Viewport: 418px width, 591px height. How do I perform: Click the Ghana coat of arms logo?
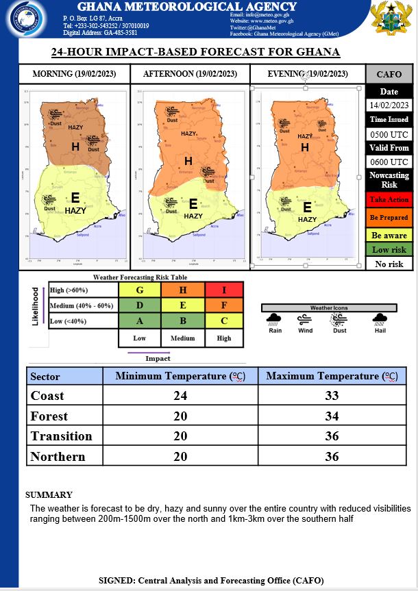pyautogui.click(x=391, y=18)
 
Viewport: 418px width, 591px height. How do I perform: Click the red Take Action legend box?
pyautogui.click(x=389, y=199)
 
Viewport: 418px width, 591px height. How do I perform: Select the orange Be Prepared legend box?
pyautogui.click(x=389, y=217)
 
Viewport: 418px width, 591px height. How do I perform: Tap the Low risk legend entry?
pyautogui.click(x=389, y=250)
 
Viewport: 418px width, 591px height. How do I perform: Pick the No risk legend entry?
pyautogui.click(x=389, y=264)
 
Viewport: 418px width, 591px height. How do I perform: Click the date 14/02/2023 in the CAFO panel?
pyautogui.click(x=389, y=105)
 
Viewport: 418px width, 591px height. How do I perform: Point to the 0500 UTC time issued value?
pyautogui.click(x=389, y=134)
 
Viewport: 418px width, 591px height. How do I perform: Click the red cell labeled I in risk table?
pyautogui.click(x=224, y=290)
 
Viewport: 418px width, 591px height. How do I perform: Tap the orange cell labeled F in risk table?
pyautogui.click(x=224, y=306)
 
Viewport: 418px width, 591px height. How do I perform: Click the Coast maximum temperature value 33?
pyautogui.click(x=332, y=396)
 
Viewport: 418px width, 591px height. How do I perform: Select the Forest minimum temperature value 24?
pyautogui.click(x=180, y=416)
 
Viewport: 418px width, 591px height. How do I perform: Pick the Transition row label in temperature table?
pyautogui.click(x=62, y=436)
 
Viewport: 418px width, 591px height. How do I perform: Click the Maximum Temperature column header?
pyautogui.click(x=332, y=376)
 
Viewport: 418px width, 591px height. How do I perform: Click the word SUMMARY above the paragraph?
pyautogui.click(x=49, y=494)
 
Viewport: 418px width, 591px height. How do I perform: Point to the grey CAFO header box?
pyautogui.click(x=389, y=74)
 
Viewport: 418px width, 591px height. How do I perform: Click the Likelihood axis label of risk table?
pyautogui.click(x=36, y=306)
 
